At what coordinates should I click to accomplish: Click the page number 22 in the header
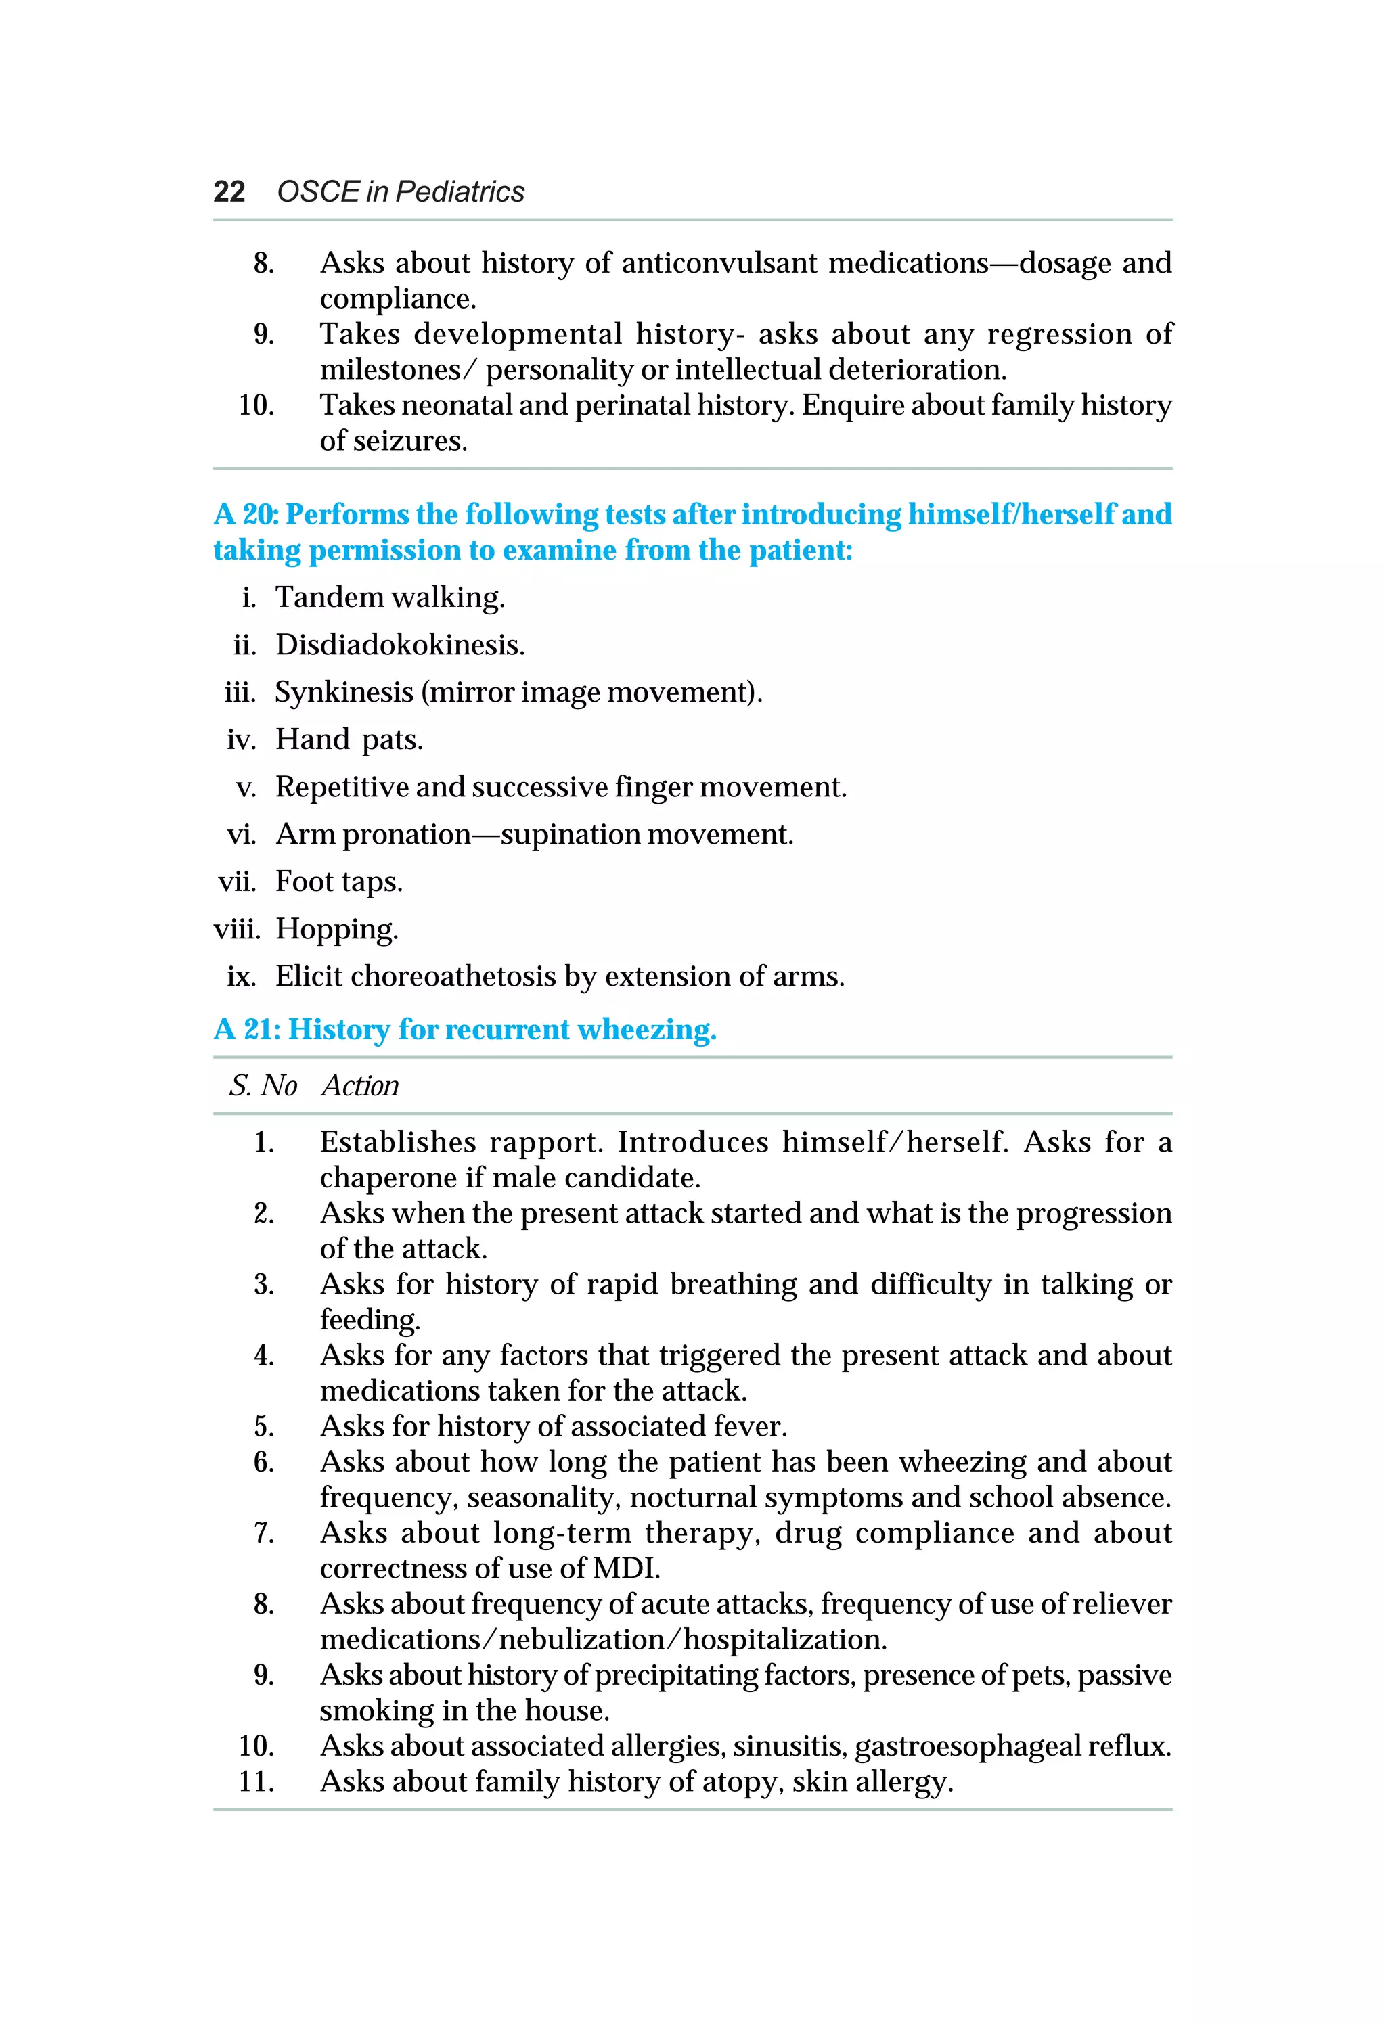coord(229,191)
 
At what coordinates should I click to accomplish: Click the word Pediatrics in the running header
coord(460,191)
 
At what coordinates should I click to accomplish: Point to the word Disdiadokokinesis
coord(399,645)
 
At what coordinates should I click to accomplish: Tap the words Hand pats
coord(349,740)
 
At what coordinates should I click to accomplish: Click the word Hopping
coord(336,929)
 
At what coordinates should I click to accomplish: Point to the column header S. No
coord(263,1086)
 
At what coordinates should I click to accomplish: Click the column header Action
coord(360,1086)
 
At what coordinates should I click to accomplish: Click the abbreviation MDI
coord(625,1568)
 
